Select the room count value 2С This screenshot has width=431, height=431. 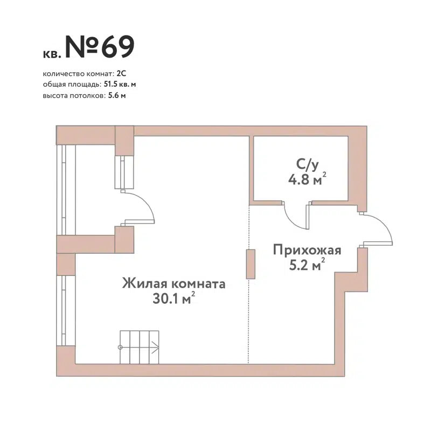pyautogui.click(x=121, y=73)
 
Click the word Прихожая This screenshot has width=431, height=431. pyautogui.click(x=307, y=251)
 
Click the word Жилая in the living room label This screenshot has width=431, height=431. pyautogui.click(x=143, y=284)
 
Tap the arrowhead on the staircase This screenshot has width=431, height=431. pyautogui.click(x=156, y=347)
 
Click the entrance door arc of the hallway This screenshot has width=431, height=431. pyautogui.click(x=383, y=226)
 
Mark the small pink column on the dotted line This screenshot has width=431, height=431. pyautogui.click(x=251, y=264)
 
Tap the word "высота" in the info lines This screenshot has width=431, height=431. pyautogui.click(x=53, y=95)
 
